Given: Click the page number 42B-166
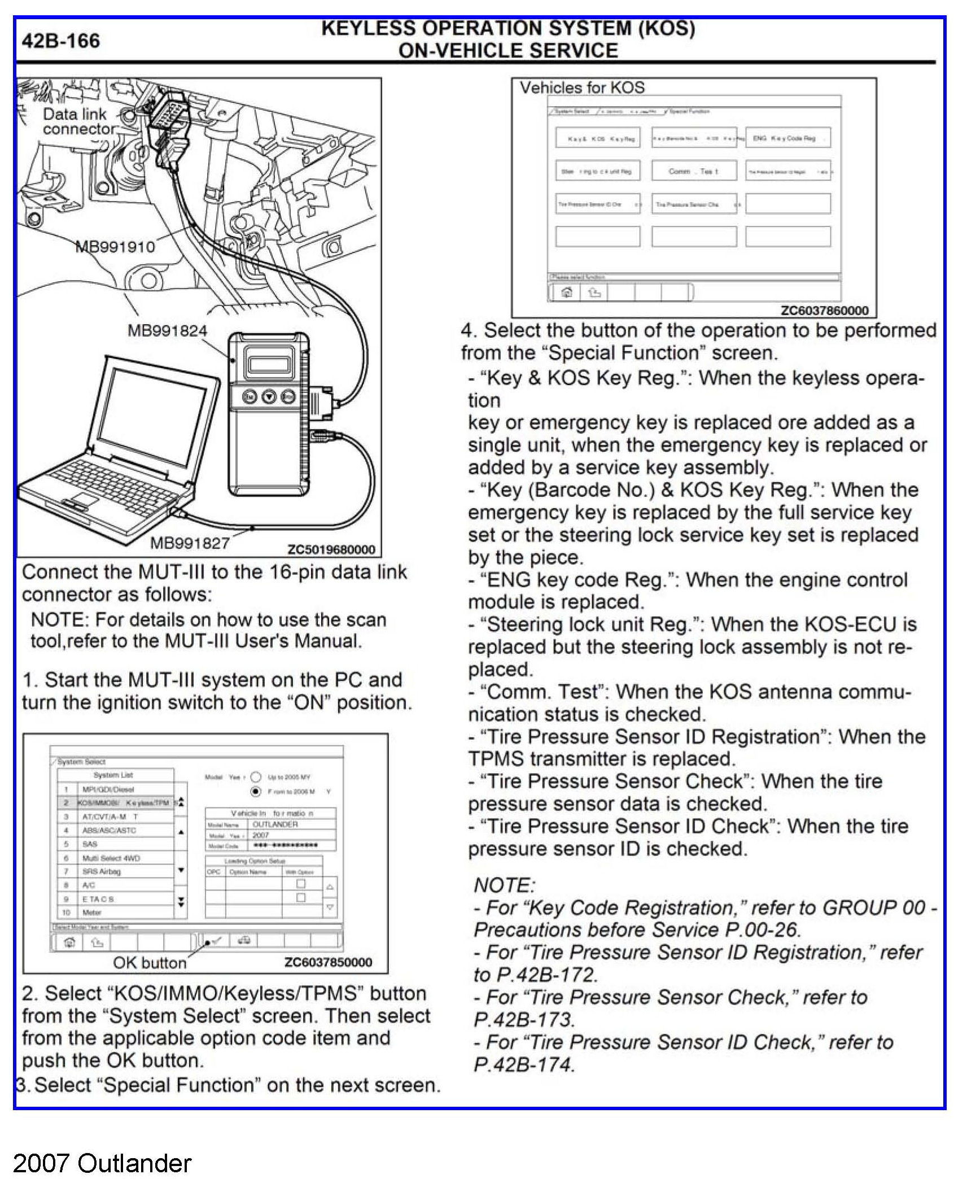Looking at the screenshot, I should coord(60,41).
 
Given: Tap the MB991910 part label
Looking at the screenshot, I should coord(115,247).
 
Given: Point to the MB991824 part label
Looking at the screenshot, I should coord(167,330).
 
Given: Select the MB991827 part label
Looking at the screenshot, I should coord(190,543).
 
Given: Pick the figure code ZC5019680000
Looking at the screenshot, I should coord(331,549).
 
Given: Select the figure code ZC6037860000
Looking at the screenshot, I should coord(824,310).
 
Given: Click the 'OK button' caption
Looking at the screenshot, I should coord(150,962).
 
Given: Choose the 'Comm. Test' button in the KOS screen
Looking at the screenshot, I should coord(694,171).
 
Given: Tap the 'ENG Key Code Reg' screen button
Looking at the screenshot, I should coord(787,138).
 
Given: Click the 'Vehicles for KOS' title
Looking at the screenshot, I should coord(582,88).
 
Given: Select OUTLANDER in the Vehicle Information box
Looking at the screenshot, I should coord(275,824).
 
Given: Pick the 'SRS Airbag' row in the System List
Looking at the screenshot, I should coord(102,871).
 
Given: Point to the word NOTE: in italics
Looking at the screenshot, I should coord(504,885).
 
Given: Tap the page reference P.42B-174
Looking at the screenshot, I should coord(524,1064).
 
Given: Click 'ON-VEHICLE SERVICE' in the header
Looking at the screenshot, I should coord(508,50).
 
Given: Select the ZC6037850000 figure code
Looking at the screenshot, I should coord(328,962).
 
